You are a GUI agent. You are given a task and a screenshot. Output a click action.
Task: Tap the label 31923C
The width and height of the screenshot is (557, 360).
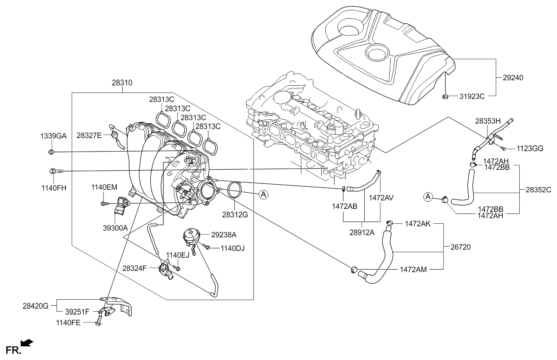coord(472,96)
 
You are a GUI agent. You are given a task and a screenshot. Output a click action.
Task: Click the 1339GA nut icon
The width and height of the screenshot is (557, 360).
coord(51,152)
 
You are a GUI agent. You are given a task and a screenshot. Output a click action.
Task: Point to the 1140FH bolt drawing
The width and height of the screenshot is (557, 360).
coord(56,171)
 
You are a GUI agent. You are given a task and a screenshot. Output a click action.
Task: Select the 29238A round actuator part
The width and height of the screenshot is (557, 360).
coord(191,236)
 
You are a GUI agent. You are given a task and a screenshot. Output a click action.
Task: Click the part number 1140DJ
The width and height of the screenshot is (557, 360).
coord(233,247)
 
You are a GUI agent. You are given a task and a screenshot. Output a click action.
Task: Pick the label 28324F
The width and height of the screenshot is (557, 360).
coord(135,268)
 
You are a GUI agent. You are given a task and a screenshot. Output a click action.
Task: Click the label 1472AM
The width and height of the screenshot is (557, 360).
coord(414,269)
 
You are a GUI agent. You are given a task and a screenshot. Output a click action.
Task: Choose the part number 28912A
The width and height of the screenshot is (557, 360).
coord(361,233)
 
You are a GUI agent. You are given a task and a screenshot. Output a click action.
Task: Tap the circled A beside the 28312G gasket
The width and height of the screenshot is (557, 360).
coord(263,194)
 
